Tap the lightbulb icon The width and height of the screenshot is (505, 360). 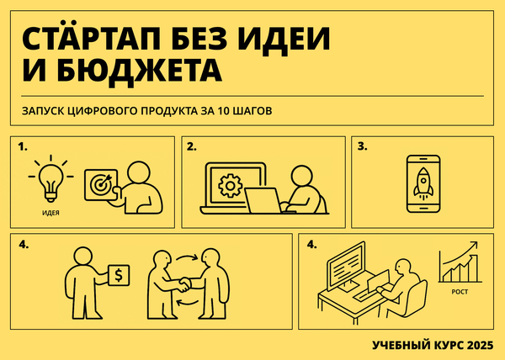[x=50, y=177]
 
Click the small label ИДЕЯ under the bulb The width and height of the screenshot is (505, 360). [x=50, y=214]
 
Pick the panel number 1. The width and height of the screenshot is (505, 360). [x=22, y=146]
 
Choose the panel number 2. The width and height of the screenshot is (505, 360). [x=191, y=146]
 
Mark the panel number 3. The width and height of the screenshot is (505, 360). [x=362, y=146]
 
